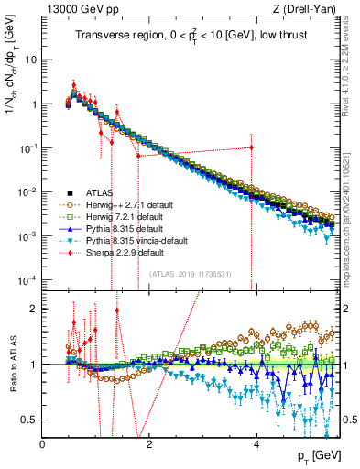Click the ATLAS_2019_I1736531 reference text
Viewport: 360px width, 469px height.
[191, 273]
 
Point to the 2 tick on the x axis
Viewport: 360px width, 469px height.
[149, 442]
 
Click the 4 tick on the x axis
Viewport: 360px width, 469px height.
[256, 442]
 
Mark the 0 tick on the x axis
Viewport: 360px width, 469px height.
[43, 442]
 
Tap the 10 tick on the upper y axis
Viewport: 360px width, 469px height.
[31, 60]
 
